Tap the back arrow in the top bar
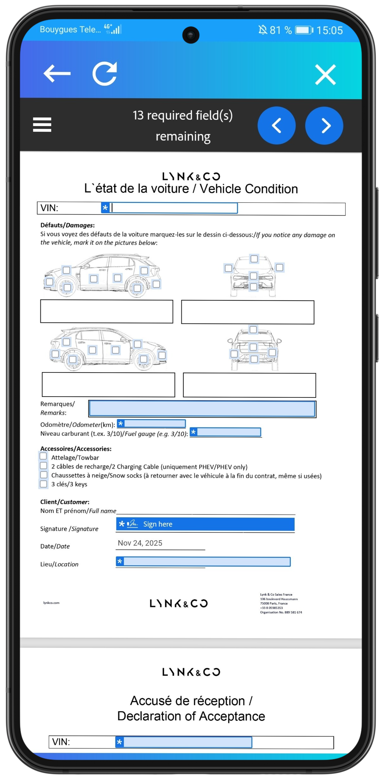click(57, 73)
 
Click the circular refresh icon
click(105, 74)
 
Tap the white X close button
click(325, 74)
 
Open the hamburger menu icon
click(42, 124)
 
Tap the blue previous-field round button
click(276, 125)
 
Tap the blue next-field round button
click(324, 125)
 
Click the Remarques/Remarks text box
click(202, 409)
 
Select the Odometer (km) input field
click(151, 424)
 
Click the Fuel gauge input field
click(226, 432)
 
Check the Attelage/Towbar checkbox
click(43, 456)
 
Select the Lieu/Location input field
click(203, 562)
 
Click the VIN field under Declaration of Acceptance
click(184, 742)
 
